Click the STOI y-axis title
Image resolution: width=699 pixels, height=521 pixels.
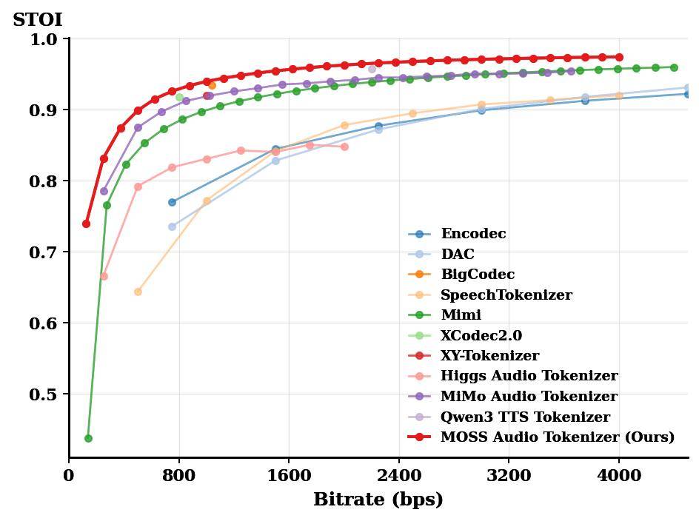[38, 20]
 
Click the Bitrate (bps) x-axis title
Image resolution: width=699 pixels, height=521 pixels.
[378, 500]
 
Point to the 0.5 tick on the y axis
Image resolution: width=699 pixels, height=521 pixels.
[44, 394]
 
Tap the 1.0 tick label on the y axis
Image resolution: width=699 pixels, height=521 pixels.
[44, 39]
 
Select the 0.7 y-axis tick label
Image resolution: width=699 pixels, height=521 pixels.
[44, 252]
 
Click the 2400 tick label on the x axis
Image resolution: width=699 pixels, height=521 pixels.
[398, 475]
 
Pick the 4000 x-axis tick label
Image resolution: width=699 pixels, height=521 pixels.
[619, 475]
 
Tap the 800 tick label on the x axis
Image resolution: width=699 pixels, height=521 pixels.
[178, 475]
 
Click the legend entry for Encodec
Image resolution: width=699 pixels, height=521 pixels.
[473, 234]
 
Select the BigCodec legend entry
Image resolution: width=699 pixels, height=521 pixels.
[477, 275]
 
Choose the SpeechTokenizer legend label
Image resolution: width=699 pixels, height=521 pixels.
[506, 295]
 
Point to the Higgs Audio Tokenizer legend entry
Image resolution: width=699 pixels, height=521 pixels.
[529, 377]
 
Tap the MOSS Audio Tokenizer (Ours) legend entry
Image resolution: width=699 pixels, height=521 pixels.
[557, 437]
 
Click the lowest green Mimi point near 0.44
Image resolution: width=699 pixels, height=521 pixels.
[88, 438]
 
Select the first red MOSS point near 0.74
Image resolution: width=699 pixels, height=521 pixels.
[86, 223]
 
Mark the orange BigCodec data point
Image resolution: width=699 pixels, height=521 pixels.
[213, 85]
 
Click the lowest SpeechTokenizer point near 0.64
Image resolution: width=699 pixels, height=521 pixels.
[138, 292]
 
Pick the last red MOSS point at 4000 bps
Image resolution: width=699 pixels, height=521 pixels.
[619, 57]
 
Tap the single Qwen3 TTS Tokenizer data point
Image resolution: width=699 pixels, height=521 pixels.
[372, 69]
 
